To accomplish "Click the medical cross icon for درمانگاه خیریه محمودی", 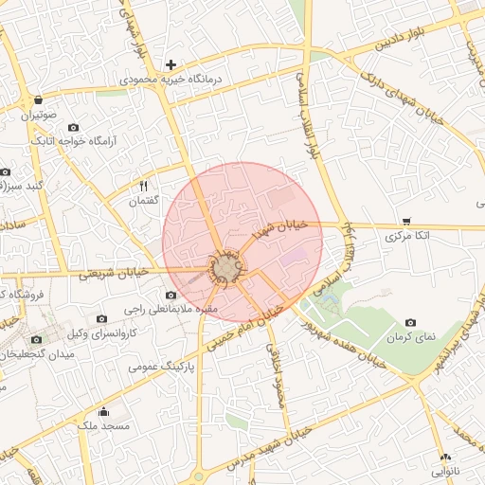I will coord(171,64).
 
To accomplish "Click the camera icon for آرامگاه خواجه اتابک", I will coord(73,127).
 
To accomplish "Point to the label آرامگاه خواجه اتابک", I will coord(86,141).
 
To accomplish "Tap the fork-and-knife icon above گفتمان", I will coord(144,186).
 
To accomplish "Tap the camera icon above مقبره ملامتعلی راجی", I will coord(171,295).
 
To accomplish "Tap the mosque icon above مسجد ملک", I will coord(103,411).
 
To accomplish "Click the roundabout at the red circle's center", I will coord(226,268).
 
